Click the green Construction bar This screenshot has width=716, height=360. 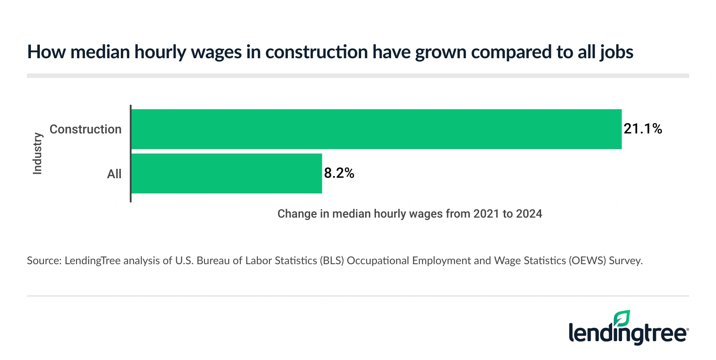click(376, 129)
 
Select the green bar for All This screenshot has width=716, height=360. click(226, 174)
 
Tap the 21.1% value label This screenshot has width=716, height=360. click(643, 129)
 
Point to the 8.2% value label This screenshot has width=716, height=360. click(339, 173)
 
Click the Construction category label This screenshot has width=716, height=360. click(85, 129)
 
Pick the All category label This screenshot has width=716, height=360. click(114, 174)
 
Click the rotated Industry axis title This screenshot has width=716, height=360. click(38, 153)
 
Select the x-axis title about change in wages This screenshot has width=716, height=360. click(409, 214)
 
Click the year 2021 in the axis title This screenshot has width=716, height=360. click(486, 214)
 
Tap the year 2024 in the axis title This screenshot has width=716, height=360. click(529, 214)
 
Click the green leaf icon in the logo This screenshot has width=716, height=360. click(622, 318)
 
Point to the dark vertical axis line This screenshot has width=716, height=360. click(130, 153)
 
